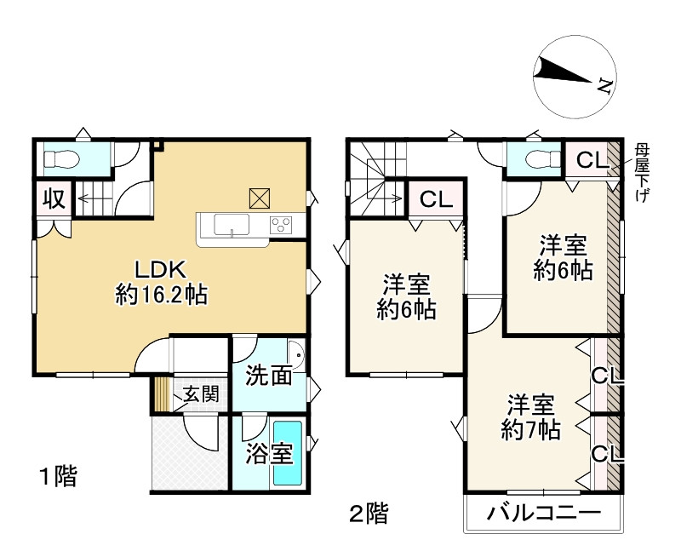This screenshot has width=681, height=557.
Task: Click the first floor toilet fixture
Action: tap(60, 158)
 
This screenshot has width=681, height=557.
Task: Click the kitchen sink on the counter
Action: tap(231, 225)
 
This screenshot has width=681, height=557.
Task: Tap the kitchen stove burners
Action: tap(281, 225)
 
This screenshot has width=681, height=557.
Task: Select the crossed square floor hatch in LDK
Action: tap(259, 198)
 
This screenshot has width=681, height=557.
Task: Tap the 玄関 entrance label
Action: tap(200, 394)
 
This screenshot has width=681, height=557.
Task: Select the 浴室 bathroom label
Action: tap(270, 452)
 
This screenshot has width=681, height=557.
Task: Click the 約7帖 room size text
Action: tap(530, 430)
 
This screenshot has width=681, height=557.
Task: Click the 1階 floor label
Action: tap(57, 476)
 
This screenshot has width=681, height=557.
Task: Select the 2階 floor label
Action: tap(369, 513)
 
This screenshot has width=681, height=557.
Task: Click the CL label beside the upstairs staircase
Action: tap(435, 200)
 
